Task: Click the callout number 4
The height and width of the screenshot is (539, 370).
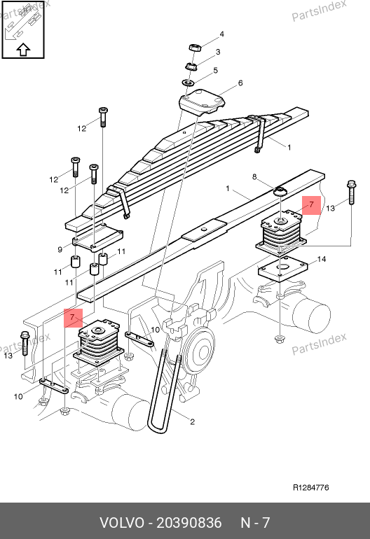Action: (221, 34)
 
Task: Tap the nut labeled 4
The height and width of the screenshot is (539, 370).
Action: (195, 48)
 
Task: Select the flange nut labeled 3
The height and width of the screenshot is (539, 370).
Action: (191, 66)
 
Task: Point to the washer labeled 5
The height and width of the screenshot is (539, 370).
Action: (189, 83)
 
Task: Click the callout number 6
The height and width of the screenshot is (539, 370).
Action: (240, 83)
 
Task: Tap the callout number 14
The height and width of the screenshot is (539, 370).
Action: (321, 259)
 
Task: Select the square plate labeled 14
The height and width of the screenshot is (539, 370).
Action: (282, 269)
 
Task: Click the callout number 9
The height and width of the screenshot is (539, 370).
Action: (60, 250)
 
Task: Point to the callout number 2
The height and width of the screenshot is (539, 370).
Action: (192, 421)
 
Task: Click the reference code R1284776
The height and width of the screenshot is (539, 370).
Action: (311, 487)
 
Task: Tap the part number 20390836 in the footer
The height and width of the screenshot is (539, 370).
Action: (189, 523)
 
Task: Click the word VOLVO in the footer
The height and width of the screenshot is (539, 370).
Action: (122, 523)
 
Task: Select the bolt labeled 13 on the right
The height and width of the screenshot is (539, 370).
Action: (351, 192)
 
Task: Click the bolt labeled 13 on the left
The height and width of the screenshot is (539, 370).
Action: (25, 343)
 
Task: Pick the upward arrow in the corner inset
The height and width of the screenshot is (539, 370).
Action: (23, 50)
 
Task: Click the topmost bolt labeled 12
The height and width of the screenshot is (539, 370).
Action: (103, 117)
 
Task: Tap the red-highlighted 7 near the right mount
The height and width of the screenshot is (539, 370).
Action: (312, 205)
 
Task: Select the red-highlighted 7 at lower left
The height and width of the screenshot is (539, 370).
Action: (74, 318)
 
